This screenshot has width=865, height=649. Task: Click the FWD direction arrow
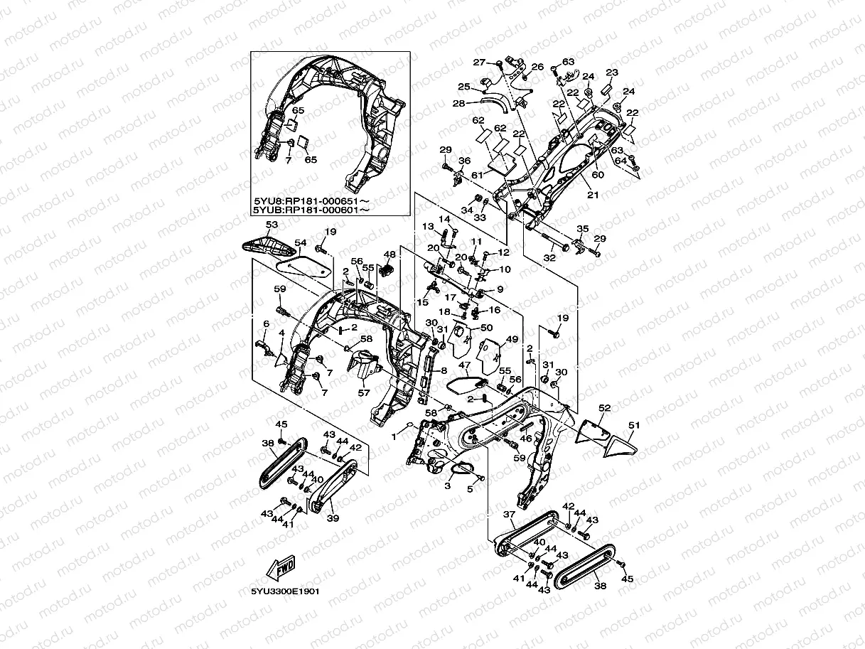tap(281, 567)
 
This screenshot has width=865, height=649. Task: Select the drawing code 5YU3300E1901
tap(285, 591)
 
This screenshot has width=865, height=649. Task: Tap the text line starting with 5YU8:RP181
tap(311, 200)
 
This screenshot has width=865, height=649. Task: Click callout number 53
tap(270, 225)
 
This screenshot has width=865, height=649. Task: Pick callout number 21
tap(589, 194)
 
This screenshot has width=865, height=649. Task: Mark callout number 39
tap(333, 518)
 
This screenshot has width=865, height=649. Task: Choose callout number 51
tap(633, 425)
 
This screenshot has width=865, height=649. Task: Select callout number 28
tap(458, 104)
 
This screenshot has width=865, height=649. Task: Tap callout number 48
tap(389, 254)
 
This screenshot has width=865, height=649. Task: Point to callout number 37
tap(509, 514)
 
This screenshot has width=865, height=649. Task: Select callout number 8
tap(444, 370)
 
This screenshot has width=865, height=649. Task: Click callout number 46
tap(526, 439)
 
